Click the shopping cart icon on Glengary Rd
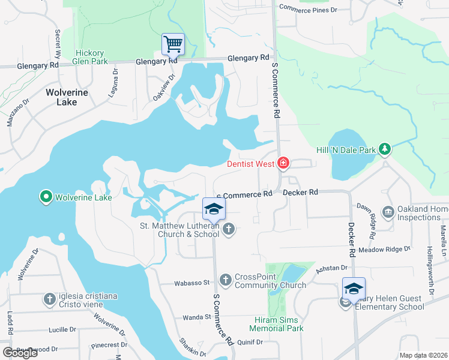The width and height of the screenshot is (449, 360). point(173,43)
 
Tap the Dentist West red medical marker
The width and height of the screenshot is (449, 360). point(283,163)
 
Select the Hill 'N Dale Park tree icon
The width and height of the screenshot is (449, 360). point(385,149)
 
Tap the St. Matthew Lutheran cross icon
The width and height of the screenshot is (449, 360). point(228,229)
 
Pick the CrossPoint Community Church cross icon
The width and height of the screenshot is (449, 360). point(225,280)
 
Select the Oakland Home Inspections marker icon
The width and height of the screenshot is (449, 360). point(388,212)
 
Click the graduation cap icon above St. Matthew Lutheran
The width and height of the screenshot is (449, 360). point(214,208)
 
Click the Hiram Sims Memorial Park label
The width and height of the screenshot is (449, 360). point(277,324)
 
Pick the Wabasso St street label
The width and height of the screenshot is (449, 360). point(191,282)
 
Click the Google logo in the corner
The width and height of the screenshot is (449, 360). point(20,352)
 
